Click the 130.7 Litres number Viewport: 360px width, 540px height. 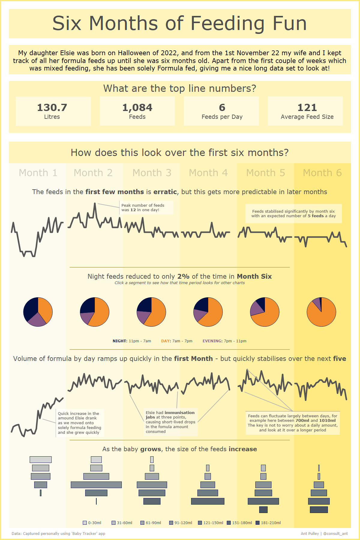(x=52, y=108)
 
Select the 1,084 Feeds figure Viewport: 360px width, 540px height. (x=137, y=108)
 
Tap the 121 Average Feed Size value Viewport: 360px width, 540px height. (x=307, y=108)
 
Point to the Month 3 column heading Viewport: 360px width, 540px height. (x=152, y=173)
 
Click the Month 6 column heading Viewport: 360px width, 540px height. (x=322, y=173)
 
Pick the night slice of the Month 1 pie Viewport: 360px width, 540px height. (x=30, y=307)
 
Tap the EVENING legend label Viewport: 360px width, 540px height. (x=212, y=341)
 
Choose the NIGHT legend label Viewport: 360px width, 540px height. (x=120, y=341)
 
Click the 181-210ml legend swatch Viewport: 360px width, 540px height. (x=257, y=523)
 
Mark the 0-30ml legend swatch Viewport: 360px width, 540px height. (x=85, y=523)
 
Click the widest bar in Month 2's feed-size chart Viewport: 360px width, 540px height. (x=96, y=485)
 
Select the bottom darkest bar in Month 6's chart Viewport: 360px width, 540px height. (x=319, y=510)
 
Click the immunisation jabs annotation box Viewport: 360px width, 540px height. (x=170, y=422)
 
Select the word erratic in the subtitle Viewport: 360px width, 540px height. (x=165, y=192)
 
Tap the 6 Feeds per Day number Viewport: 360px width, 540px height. (x=222, y=108)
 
